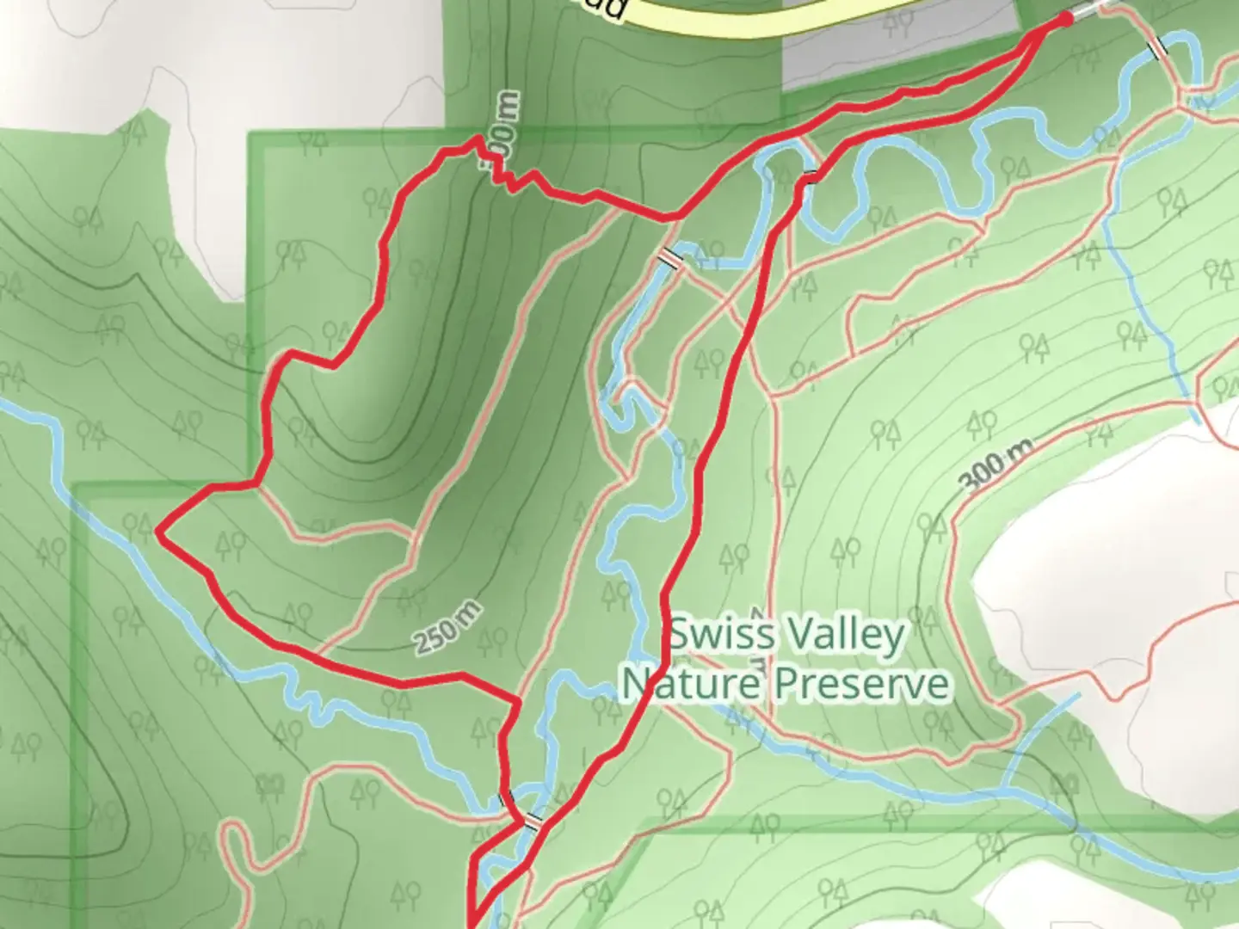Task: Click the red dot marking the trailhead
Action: click(x=1064, y=18)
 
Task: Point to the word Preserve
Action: click(x=862, y=685)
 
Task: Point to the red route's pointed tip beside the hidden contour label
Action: click(x=478, y=138)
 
